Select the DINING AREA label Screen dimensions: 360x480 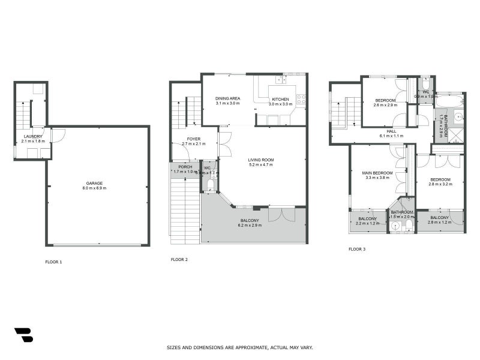pos(227,98)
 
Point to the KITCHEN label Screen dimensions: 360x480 pos(280,99)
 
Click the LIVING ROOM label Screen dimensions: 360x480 pos(261,160)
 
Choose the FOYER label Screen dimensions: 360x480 pos(193,139)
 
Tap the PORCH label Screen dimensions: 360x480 pos(185,167)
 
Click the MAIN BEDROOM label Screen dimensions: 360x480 pos(377,173)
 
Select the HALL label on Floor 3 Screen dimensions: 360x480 pos(391,131)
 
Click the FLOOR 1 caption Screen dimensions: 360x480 pos(53,262)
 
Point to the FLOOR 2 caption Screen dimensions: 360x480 pos(179,260)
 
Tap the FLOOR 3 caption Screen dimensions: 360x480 pos(356,248)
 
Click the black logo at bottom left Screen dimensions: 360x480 pos(23,335)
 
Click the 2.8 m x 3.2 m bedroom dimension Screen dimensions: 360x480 pos(439,184)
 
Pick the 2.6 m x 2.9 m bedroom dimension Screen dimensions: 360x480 pos(385,105)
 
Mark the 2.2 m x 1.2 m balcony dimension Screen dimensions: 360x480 pos(368,223)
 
